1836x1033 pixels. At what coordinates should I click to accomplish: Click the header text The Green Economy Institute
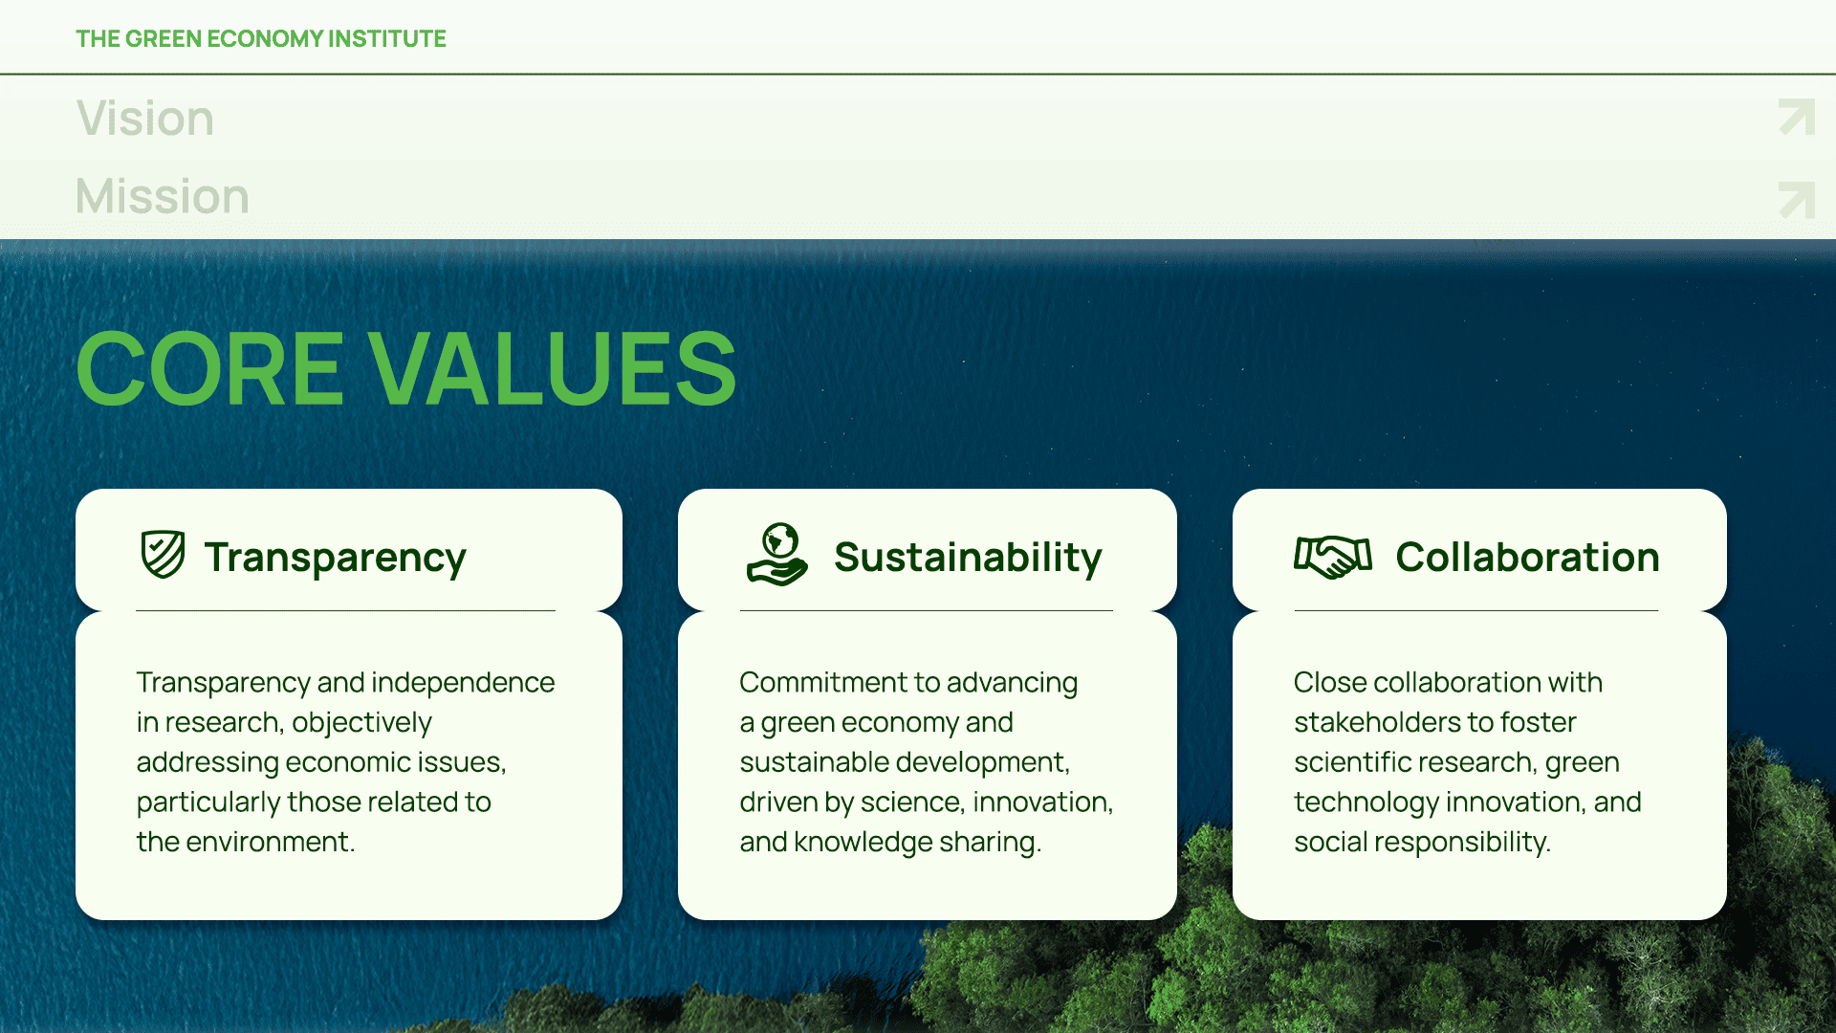[261, 38]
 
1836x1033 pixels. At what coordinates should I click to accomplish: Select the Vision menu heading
[145, 119]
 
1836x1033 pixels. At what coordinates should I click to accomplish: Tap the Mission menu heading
[163, 196]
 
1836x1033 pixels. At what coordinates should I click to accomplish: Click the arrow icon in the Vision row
[1797, 118]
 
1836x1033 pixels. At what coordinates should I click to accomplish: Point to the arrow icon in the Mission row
[1797, 200]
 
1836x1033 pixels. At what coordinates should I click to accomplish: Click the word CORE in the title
[209, 368]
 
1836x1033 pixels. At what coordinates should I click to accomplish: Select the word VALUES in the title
[553, 368]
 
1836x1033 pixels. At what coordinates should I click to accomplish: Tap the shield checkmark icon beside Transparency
[164, 555]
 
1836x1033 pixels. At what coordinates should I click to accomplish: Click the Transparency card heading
[335, 558]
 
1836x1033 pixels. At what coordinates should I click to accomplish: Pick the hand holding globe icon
[777, 555]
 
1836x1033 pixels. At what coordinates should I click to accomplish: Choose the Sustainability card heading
[968, 558]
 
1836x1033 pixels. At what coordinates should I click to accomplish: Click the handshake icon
[1333, 557]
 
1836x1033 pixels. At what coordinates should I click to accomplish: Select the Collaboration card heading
[1527, 558]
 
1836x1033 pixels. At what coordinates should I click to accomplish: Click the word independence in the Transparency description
[463, 682]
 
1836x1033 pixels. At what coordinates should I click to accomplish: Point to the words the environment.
[246, 842]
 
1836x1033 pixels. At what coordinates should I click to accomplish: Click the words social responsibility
[1422, 842]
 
